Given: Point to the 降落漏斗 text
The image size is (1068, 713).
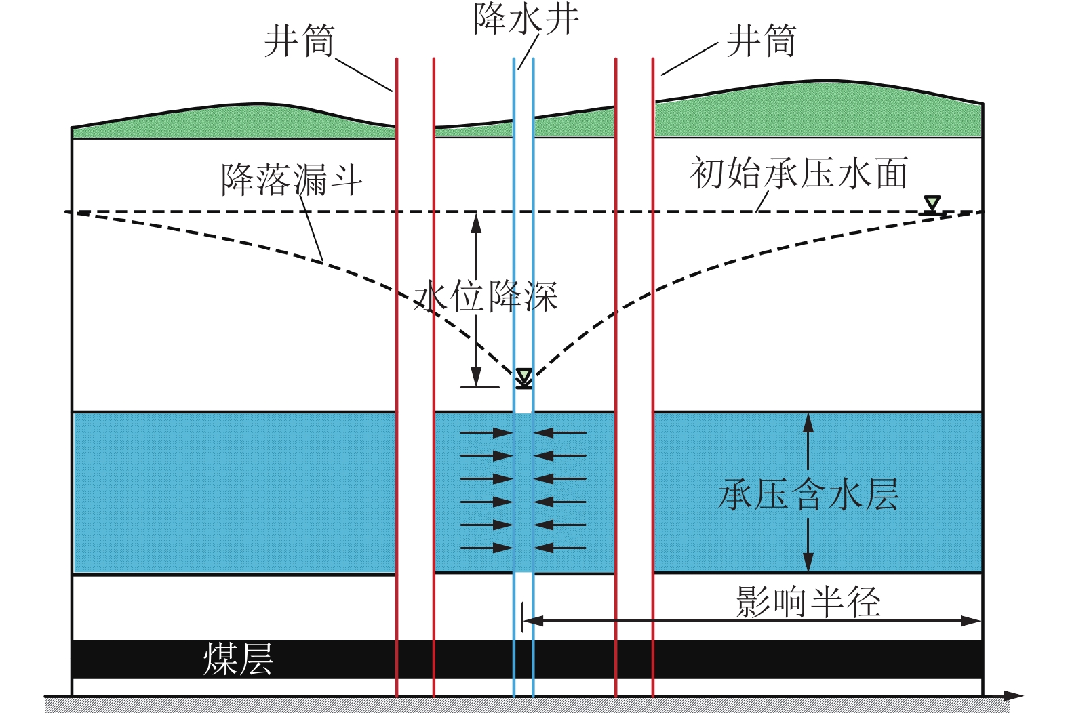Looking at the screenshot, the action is point(292,180).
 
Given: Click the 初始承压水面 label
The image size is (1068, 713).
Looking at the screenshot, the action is point(799,173).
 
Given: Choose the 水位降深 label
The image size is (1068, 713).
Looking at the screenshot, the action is point(486,296).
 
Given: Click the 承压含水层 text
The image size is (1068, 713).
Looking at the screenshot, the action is point(808,494).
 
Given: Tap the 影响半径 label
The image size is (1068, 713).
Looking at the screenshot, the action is point(808,601).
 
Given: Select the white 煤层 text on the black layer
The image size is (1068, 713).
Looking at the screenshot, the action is point(238,659).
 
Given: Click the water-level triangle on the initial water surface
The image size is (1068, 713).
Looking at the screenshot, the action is point(932,203).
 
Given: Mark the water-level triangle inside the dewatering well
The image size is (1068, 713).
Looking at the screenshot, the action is point(523,377).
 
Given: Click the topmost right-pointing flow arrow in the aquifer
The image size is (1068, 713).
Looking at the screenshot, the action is point(486,433).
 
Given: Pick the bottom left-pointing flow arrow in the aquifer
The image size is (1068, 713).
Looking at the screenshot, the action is point(559,548).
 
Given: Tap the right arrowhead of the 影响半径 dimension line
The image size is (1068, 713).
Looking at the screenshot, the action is point(971,621).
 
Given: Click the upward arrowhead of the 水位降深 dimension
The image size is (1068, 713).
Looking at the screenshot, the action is point(476,222).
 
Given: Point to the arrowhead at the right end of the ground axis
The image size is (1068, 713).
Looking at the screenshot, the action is point(1012,696).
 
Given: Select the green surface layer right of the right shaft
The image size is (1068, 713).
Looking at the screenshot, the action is point(818,112).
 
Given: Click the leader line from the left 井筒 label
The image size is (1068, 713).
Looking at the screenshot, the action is point(363,75).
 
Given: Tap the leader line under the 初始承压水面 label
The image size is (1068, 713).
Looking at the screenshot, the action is point(762,201).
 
